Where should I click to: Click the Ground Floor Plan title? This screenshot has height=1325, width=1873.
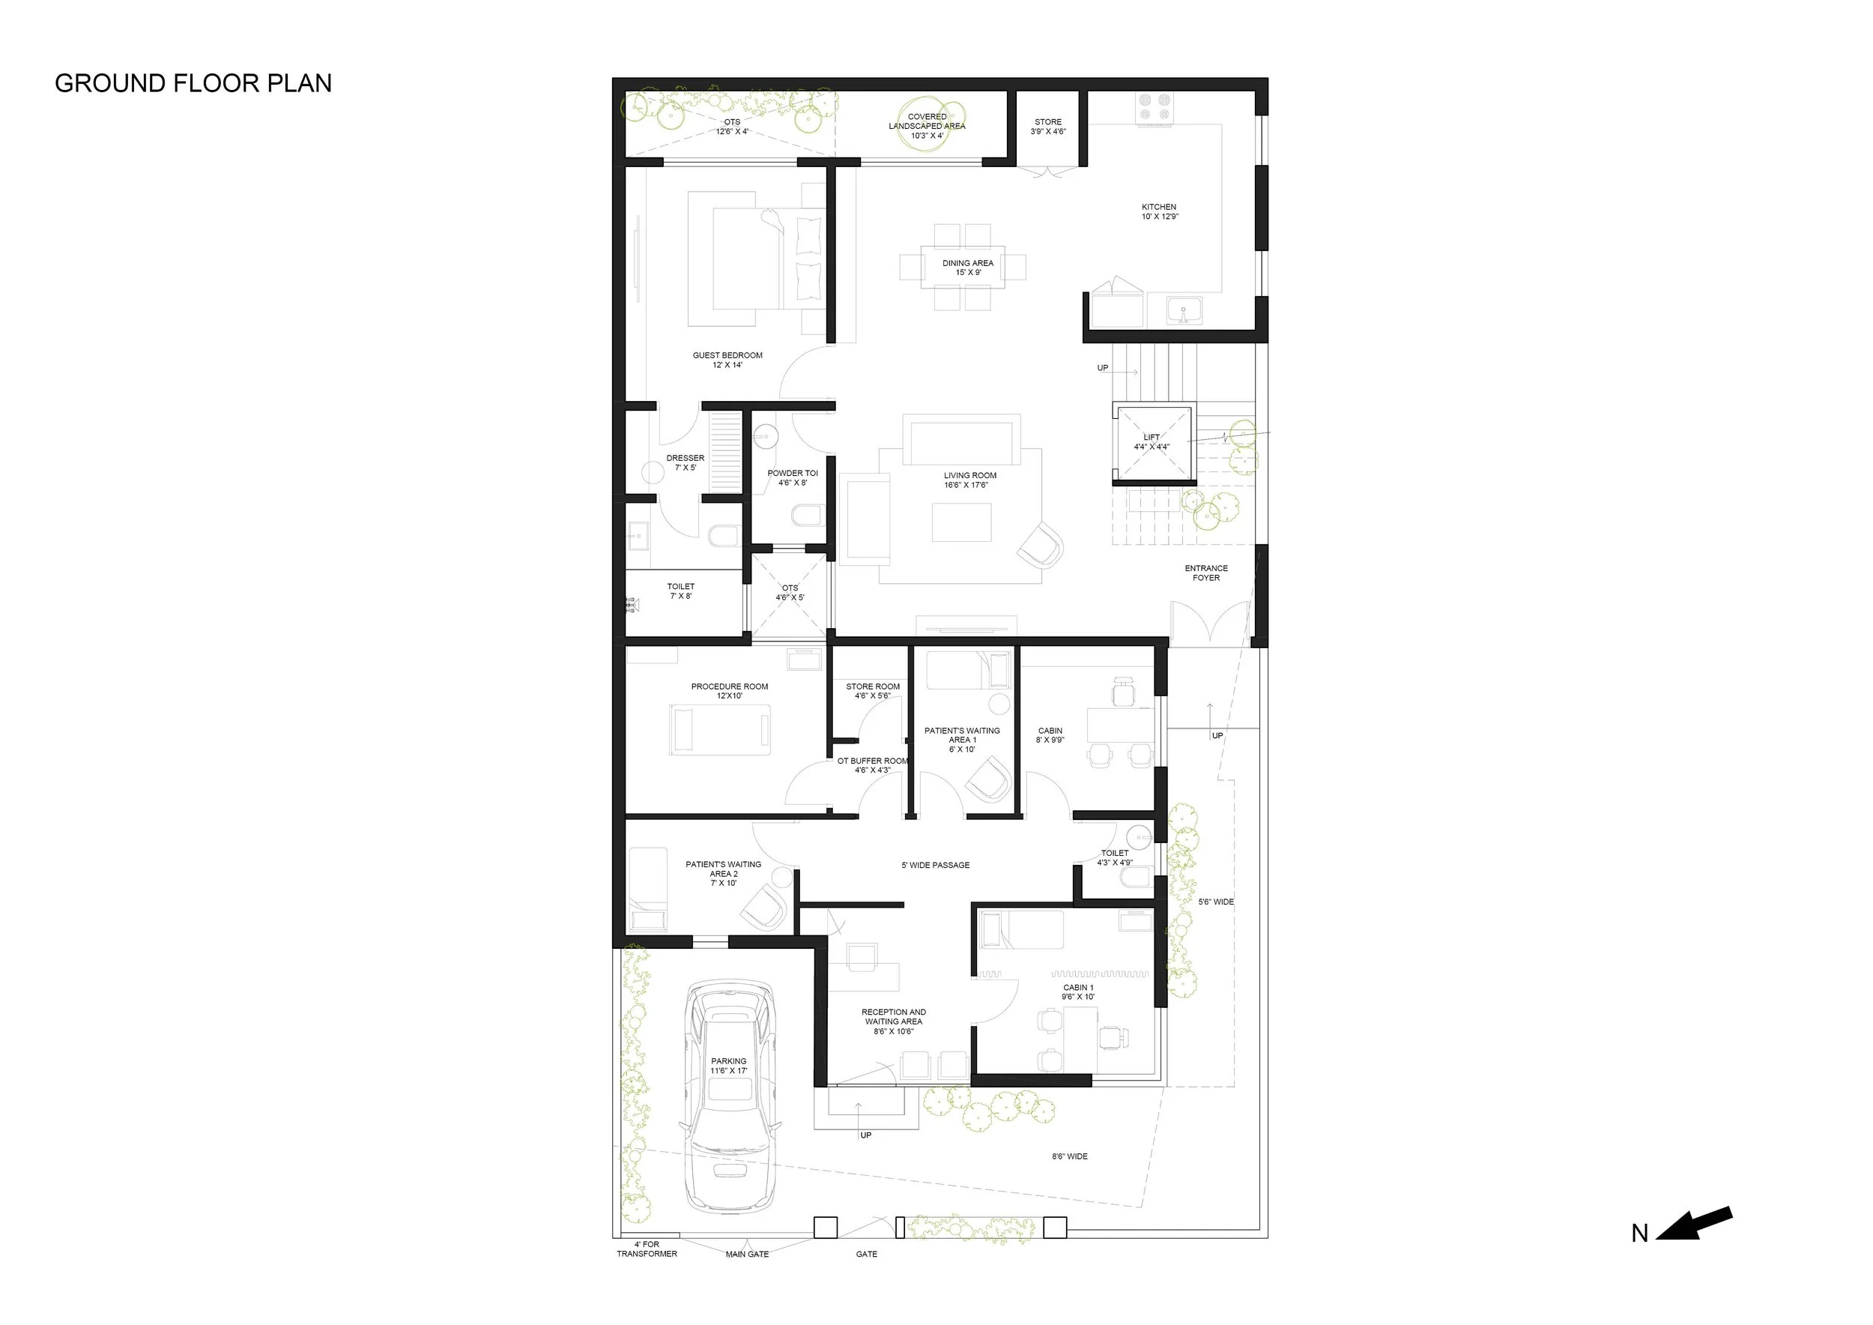click(193, 83)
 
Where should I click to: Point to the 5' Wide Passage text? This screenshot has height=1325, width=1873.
click(936, 865)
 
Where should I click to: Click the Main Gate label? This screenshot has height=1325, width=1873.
click(747, 1254)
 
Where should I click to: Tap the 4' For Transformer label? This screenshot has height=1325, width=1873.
click(647, 1249)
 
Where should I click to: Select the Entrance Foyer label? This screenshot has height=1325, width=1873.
click(1206, 573)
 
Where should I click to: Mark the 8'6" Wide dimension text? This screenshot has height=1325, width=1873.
click(1069, 1156)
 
